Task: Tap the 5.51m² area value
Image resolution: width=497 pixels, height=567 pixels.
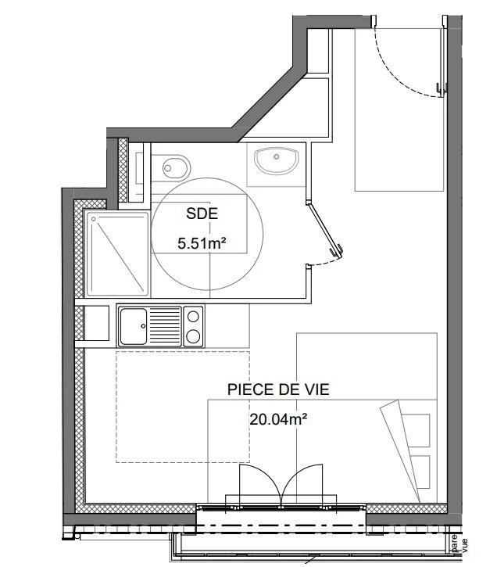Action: pyautogui.click(x=202, y=243)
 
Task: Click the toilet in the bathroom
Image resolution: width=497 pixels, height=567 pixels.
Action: pyautogui.click(x=175, y=166)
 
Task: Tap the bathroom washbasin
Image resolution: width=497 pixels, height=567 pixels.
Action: pyautogui.click(x=275, y=160)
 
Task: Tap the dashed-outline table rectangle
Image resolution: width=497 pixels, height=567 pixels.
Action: pyautogui.click(x=183, y=406)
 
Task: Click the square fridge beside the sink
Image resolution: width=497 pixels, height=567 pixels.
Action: pyautogui.click(x=96, y=324)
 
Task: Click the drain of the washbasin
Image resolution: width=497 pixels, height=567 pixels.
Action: pyautogui.click(x=275, y=156)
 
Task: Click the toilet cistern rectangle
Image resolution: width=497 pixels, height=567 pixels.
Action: pyautogui.click(x=138, y=165)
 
